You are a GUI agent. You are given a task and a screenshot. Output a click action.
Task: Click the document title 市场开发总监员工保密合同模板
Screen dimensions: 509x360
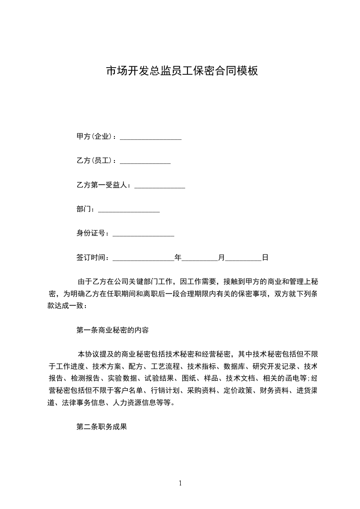[182, 71]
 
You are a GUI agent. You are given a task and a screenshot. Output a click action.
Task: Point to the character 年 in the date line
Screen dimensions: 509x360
[178, 258]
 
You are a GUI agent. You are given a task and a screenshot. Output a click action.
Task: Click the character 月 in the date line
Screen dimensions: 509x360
[222, 258]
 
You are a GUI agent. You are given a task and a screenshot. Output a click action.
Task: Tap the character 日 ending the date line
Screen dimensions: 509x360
[265, 258]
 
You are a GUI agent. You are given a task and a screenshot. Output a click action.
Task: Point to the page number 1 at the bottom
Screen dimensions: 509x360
[180, 483]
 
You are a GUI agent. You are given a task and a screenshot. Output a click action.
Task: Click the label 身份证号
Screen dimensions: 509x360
[92, 234]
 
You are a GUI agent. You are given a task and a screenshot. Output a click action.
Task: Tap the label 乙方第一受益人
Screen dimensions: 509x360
[103, 185]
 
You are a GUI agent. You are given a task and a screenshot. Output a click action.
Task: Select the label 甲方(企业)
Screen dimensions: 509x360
[96, 137]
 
